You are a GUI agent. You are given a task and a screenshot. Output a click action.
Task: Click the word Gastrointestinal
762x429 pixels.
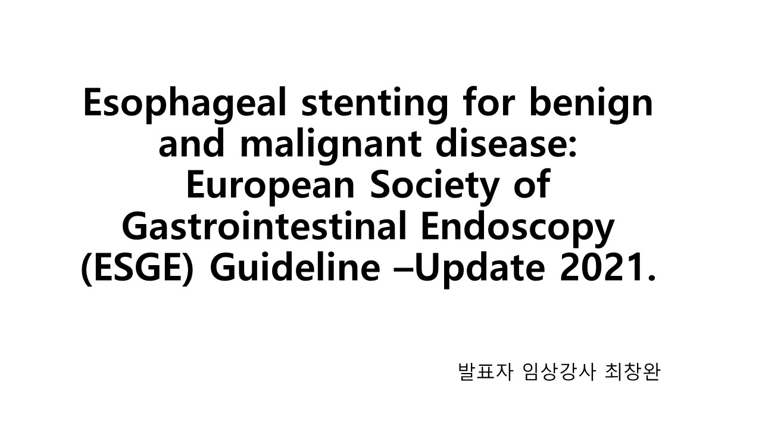pos(264,226)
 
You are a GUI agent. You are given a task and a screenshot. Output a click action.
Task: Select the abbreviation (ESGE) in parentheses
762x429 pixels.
pos(138,268)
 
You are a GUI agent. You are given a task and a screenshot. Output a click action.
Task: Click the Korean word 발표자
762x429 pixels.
pos(485,372)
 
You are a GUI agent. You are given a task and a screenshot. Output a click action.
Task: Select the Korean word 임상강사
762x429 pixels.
pos(560,372)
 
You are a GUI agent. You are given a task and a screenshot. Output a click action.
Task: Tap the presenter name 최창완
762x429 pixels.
pos(633,372)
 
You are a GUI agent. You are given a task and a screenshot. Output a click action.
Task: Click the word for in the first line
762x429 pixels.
pos(489,102)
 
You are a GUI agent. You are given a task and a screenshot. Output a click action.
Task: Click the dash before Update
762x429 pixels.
pos(404,270)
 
